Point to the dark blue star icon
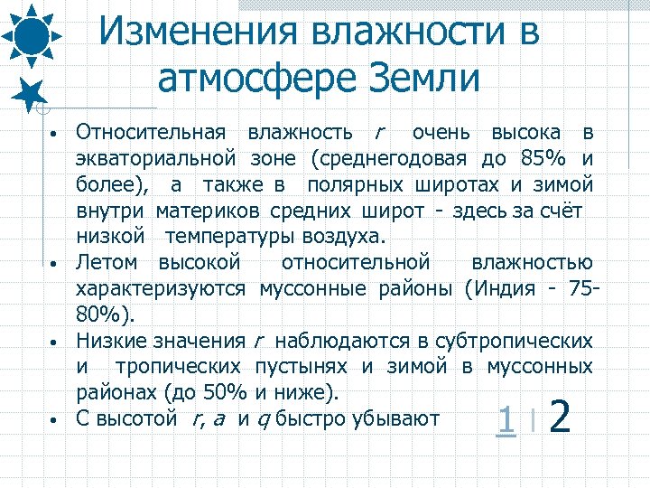click(x=31, y=92)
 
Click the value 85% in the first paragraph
click(x=543, y=160)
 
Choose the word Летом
click(x=107, y=263)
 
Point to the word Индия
click(x=504, y=289)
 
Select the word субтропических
click(x=514, y=342)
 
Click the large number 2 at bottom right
click(x=560, y=418)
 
